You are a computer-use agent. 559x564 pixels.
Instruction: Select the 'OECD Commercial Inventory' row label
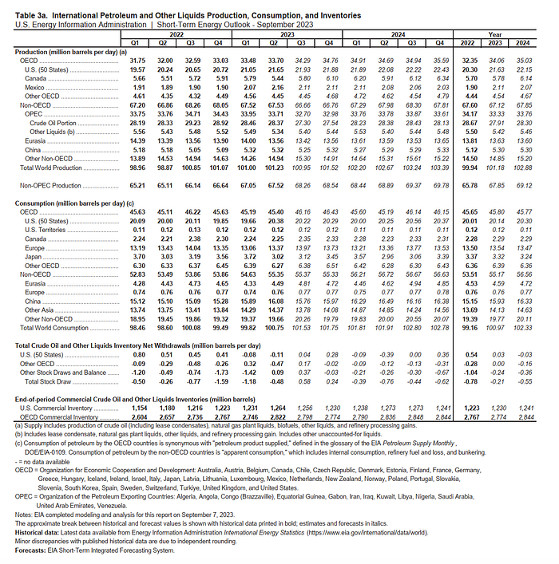click(x=56, y=416)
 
